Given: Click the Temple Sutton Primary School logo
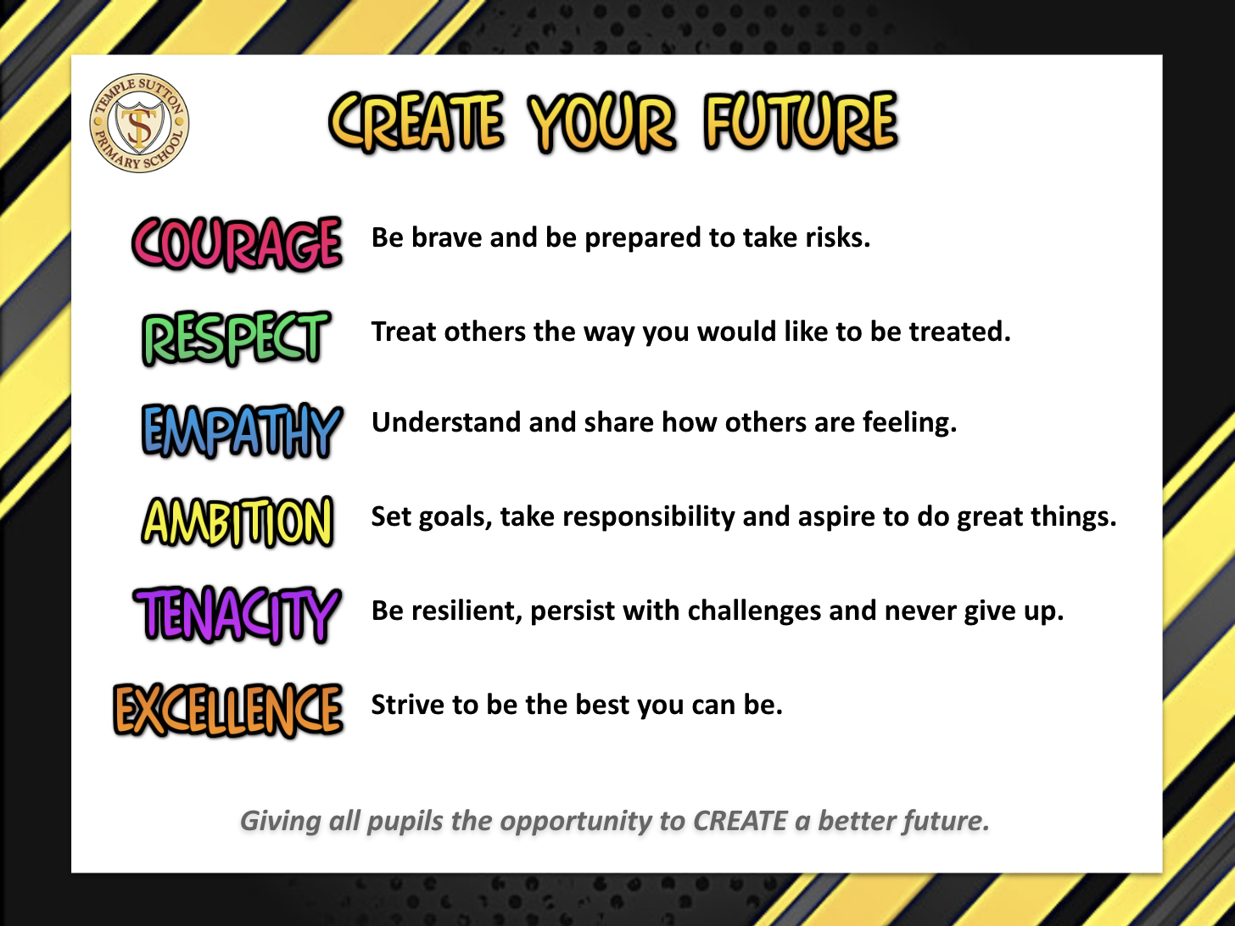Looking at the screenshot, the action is click(140, 123).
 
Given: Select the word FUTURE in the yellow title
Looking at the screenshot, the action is click(801, 122).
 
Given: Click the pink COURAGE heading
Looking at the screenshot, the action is click(237, 243).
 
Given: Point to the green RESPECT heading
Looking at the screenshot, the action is click(236, 337).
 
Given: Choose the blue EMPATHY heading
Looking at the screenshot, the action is click(242, 431).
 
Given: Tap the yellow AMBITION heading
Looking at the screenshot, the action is click(237, 522).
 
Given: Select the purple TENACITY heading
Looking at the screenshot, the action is click(237, 615).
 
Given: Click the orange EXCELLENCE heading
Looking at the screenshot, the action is click(228, 710).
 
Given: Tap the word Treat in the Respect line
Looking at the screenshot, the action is click(404, 332).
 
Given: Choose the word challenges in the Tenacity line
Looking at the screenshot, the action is click(754, 611).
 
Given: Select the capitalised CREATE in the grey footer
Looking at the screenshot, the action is click(740, 821).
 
